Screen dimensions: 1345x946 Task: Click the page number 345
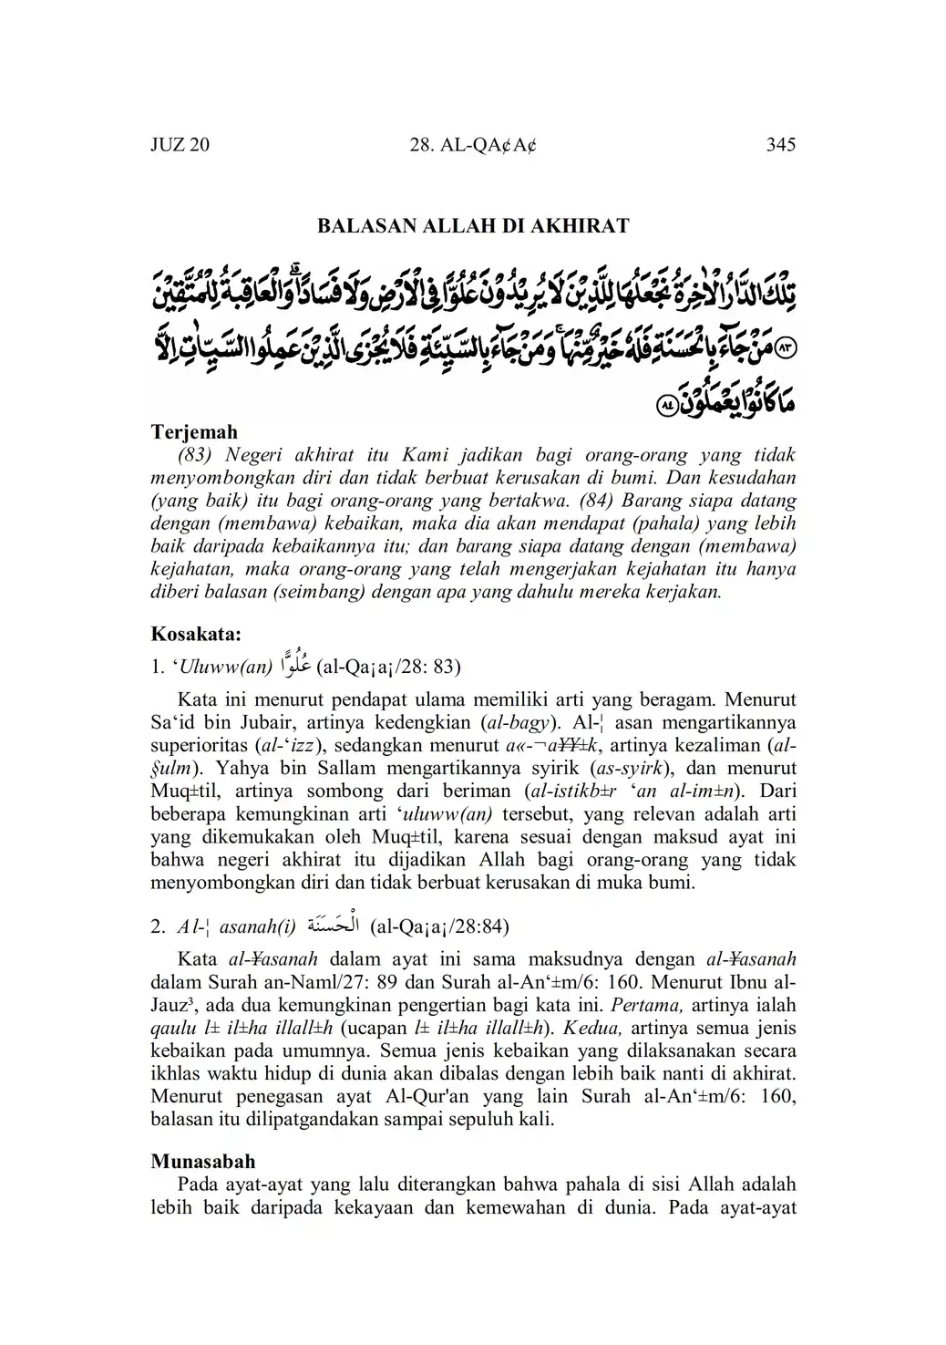pyautogui.click(x=781, y=144)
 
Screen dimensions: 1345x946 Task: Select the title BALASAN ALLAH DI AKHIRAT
pyautogui.click(x=473, y=226)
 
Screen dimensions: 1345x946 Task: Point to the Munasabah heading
pyautogui.click(x=203, y=1162)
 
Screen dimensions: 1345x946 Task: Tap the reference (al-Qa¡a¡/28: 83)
pyautogui.click(x=388, y=667)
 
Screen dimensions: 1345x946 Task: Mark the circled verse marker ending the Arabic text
pyautogui.click(x=667, y=402)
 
